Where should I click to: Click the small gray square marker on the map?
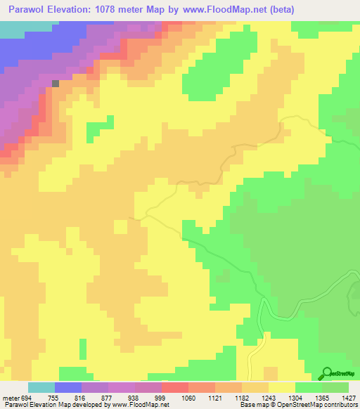coord(56,83)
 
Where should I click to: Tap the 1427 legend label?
coord(349,397)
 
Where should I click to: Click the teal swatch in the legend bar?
coord(41,387)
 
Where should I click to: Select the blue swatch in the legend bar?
coord(68,387)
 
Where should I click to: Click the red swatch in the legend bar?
coord(175,387)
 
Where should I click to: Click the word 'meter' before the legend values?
coord(11,397)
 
